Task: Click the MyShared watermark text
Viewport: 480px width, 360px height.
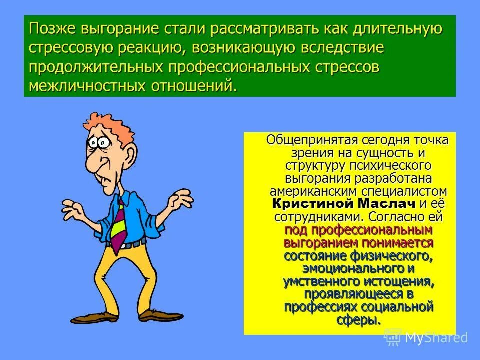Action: (436, 338)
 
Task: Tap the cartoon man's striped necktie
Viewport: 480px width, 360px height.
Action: (119, 222)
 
